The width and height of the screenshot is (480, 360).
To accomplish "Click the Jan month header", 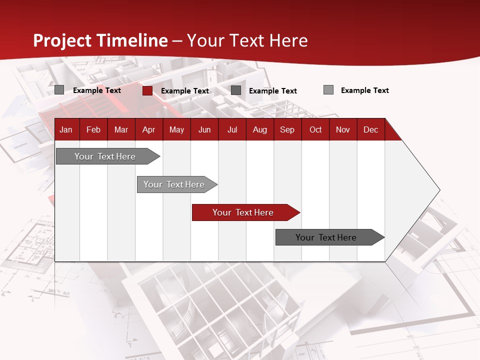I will (66, 129).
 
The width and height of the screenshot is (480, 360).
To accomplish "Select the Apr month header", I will (148, 129).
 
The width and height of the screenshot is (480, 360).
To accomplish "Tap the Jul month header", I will (232, 129).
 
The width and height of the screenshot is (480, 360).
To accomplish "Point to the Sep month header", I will (287, 129).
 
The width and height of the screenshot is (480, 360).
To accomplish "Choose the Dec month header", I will (370, 129).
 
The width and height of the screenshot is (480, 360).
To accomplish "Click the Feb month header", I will (93, 129).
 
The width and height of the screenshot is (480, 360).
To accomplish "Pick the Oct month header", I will (315, 129).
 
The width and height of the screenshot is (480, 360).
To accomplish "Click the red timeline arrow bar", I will (245, 212).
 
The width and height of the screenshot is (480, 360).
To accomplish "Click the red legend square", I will (147, 90).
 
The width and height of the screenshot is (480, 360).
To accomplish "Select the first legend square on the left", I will (59, 90).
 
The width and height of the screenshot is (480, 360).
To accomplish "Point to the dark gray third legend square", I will (236, 90).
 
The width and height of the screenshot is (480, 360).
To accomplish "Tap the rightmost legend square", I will (328, 90).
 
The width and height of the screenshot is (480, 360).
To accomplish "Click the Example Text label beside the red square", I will (184, 91).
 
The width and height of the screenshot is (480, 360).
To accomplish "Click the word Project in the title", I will (62, 40).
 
